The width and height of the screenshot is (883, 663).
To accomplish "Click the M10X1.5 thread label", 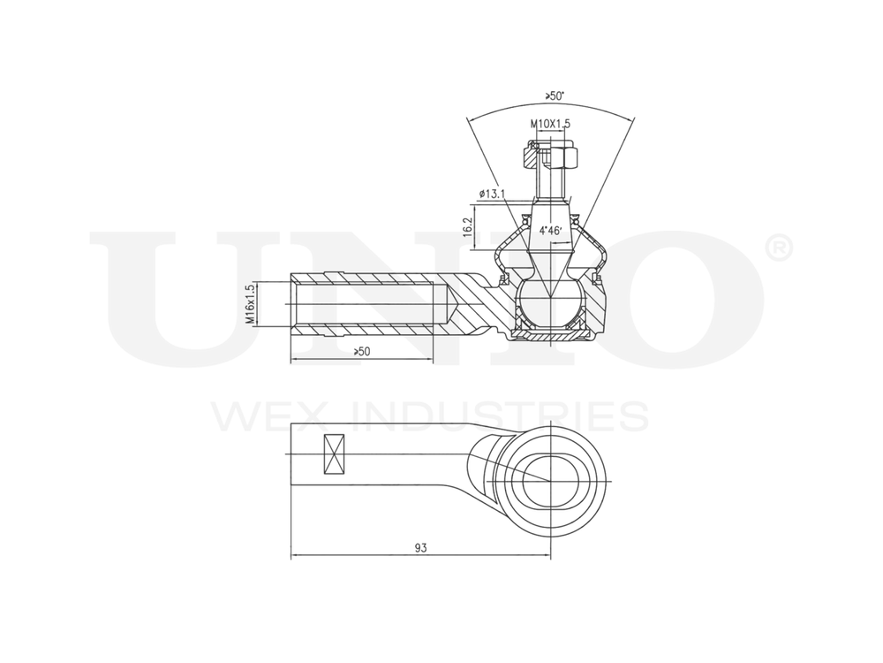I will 550,125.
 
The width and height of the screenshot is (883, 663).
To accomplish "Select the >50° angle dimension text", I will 555,95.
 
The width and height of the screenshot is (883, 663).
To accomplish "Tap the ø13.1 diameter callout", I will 491,194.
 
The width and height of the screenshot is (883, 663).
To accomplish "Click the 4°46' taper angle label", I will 551,231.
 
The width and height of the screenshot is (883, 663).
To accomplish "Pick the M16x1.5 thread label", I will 251,305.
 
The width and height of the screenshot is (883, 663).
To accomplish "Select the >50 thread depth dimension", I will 361,352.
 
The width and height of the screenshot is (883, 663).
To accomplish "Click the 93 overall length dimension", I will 420,548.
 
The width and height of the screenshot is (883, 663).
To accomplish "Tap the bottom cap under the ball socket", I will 550,334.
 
